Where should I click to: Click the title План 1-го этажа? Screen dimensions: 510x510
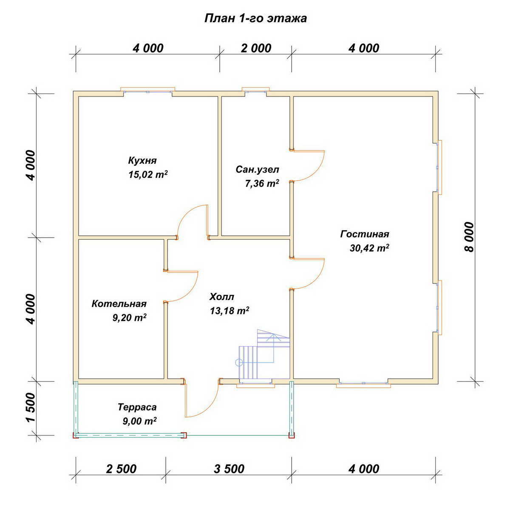click(255, 19)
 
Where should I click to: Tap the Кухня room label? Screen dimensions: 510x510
click(142, 160)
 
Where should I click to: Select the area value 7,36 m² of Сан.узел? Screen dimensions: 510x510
click(262, 183)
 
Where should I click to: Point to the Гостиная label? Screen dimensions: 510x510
click(364, 234)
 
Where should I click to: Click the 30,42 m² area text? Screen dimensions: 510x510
click(369, 248)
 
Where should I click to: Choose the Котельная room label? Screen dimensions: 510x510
click(119, 303)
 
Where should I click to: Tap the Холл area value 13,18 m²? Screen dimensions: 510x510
click(229, 310)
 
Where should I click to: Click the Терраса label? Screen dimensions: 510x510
click(137, 407)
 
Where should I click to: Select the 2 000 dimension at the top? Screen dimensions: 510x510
click(256, 48)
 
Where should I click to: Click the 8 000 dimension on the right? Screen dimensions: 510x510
click(470, 237)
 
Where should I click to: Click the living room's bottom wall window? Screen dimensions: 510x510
click(363, 383)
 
